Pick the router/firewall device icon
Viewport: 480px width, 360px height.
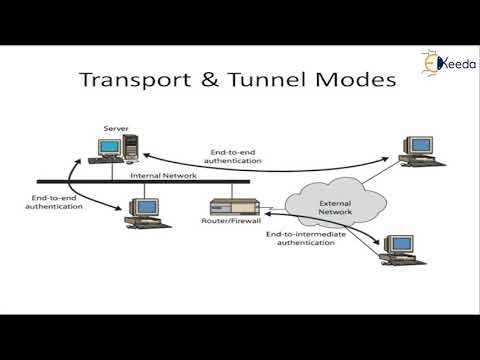coord(232,208)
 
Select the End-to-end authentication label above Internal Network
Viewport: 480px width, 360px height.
coord(235,156)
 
